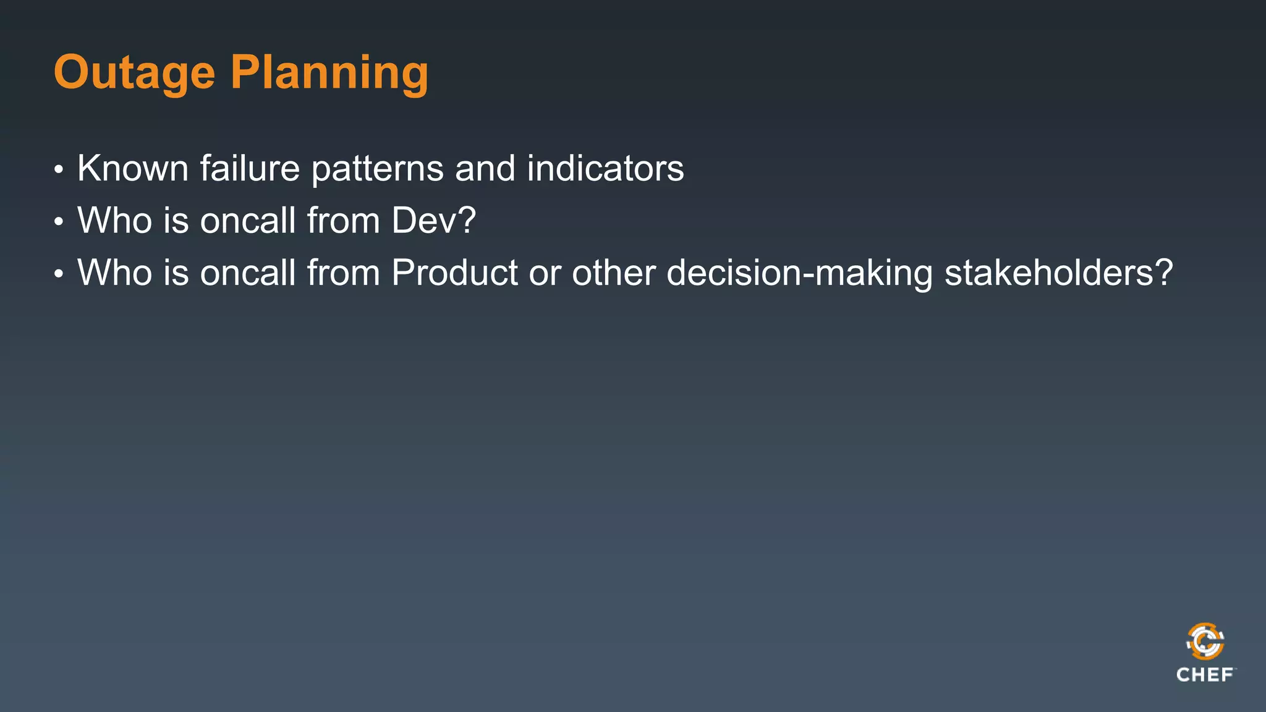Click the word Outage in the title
point(134,73)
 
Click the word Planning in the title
point(329,73)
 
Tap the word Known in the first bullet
point(132,168)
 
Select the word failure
point(249,168)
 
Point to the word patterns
point(377,169)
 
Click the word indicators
point(605,168)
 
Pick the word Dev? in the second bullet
point(433,220)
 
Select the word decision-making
point(799,273)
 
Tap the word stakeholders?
point(1058,273)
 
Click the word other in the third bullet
point(613,273)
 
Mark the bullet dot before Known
point(59,169)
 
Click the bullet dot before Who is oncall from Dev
point(59,221)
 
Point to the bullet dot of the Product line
point(59,274)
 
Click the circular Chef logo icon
point(1205,641)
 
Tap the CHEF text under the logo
point(1205,675)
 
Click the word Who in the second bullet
point(114,220)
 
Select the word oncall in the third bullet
point(248,273)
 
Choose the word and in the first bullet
point(485,168)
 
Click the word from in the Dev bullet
point(343,220)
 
